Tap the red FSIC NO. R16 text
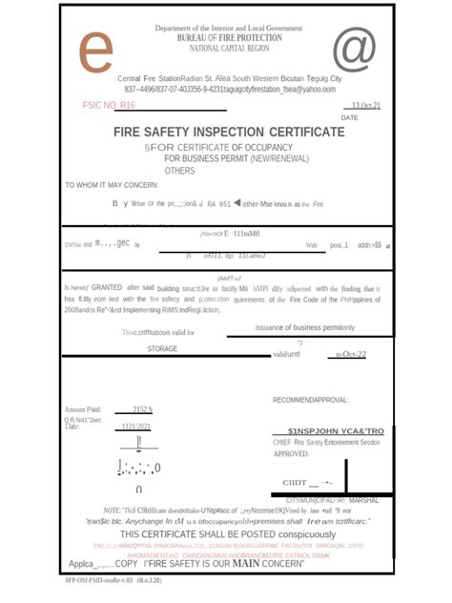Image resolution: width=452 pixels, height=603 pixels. [110, 105]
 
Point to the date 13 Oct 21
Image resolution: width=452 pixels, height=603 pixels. [365, 105]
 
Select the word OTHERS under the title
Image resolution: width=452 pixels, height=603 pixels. [179, 171]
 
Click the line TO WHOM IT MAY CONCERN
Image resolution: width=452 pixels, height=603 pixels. [113, 185]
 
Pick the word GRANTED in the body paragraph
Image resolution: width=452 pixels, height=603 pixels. [107, 287]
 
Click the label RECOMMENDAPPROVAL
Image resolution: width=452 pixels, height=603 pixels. [310, 399]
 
